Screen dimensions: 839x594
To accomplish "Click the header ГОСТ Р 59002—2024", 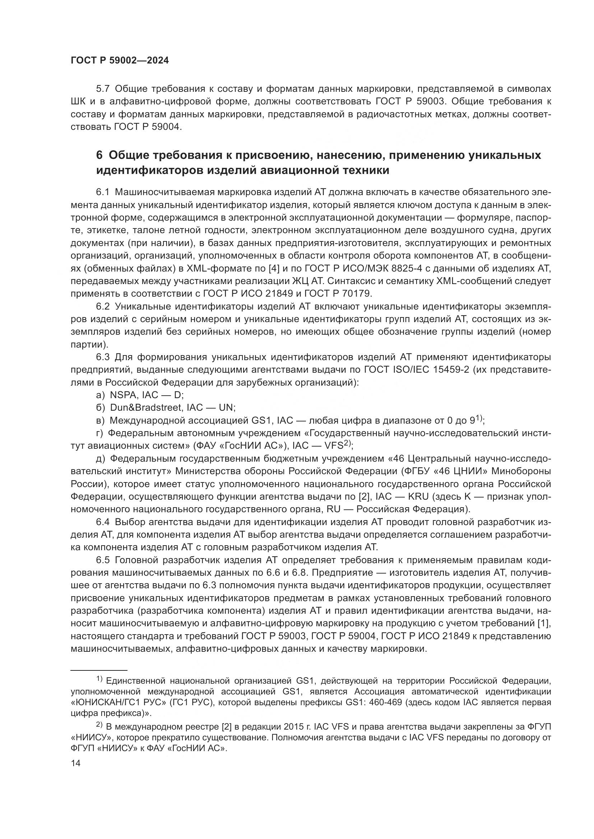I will (x=120, y=61).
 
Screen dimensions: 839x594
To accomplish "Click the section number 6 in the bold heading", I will (x=99, y=155).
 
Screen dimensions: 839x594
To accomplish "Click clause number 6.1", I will (x=103, y=192).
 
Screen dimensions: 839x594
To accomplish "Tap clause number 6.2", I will (x=103, y=306).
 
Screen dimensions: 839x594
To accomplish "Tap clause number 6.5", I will (x=103, y=560).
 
